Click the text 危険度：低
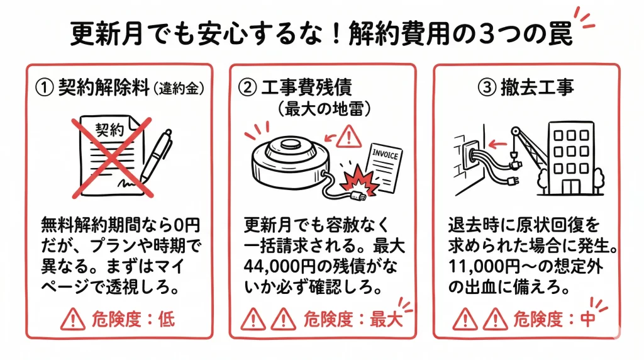(x=133, y=319)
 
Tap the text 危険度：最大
(x=353, y=319)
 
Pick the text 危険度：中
(x=554, y=319)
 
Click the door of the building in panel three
(x=570, y=186)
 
